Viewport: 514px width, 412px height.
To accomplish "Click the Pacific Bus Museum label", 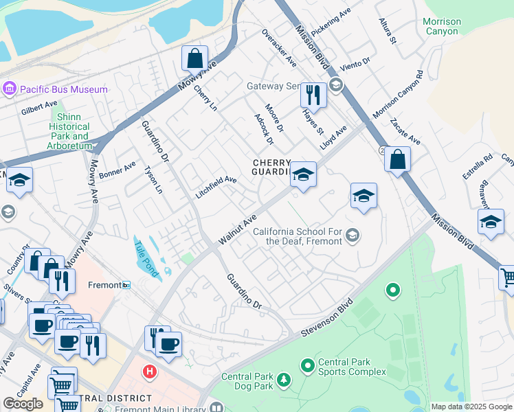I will (63, 89).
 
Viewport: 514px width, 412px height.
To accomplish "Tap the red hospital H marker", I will (148, 372).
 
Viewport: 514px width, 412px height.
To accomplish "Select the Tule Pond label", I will (146, 260).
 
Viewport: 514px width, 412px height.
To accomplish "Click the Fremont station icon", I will (126, 284).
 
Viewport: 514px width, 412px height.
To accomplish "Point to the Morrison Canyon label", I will (441, 27).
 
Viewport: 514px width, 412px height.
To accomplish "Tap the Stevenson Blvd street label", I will (326, 318).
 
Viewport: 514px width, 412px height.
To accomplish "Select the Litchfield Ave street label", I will (216, 187).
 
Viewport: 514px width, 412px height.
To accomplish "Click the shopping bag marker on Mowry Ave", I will (195, 58).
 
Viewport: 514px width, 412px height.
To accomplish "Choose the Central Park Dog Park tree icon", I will (282, 380).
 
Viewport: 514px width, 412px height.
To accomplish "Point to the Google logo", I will (23, 404).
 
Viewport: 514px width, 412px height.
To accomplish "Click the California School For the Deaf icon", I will (353, 236).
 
